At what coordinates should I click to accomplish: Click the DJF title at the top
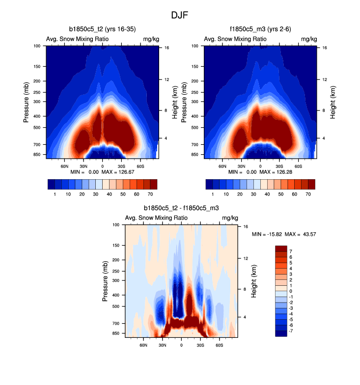(x=180, y=15)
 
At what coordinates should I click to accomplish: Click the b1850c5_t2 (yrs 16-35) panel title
(x=102, y=30)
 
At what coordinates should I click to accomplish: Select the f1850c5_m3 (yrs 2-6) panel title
(x=260, y=30)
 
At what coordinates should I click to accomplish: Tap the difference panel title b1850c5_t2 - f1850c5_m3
(x=181, y=209)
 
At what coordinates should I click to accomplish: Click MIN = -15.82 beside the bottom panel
(x=265, y=234)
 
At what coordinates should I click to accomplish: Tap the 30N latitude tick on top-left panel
(x=83, y=166)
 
